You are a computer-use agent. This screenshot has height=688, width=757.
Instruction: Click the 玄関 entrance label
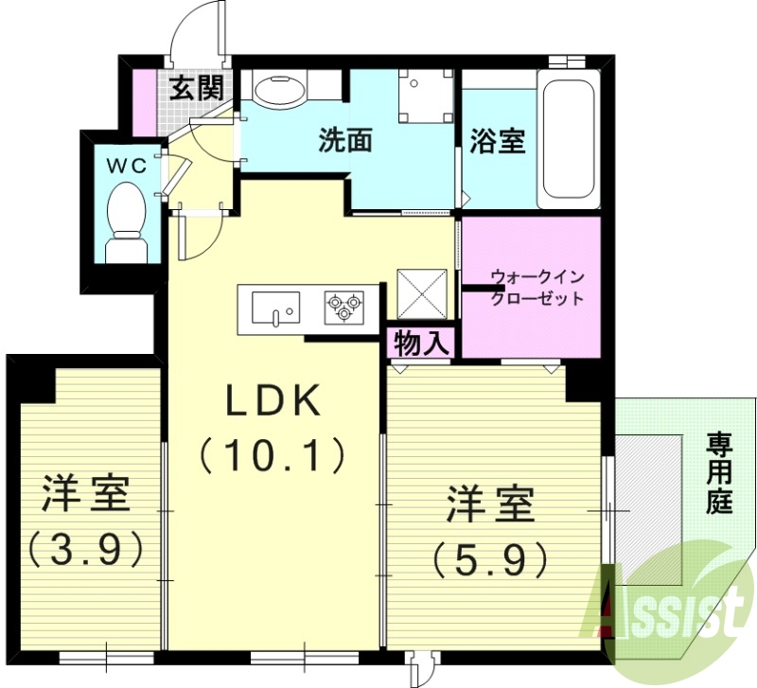197,90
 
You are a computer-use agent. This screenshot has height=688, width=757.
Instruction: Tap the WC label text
126,166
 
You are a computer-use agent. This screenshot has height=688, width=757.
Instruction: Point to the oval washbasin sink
280,90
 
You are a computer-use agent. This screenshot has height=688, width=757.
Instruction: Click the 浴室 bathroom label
498,142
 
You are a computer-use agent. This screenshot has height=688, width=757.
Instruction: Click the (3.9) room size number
85,546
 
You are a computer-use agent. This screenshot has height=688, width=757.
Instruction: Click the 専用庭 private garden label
720,473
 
